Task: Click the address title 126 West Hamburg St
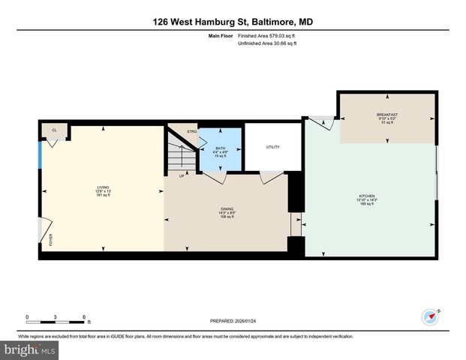[233, 22]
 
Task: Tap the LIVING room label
[103, 187]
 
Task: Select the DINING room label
[226, 211]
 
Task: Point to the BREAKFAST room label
[387, 115]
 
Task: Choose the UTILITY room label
[272, 146]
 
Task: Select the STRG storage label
[191, 132]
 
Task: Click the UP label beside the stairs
[182, 176]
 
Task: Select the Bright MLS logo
[30, 350]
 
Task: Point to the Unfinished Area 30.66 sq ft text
[268, 43]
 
